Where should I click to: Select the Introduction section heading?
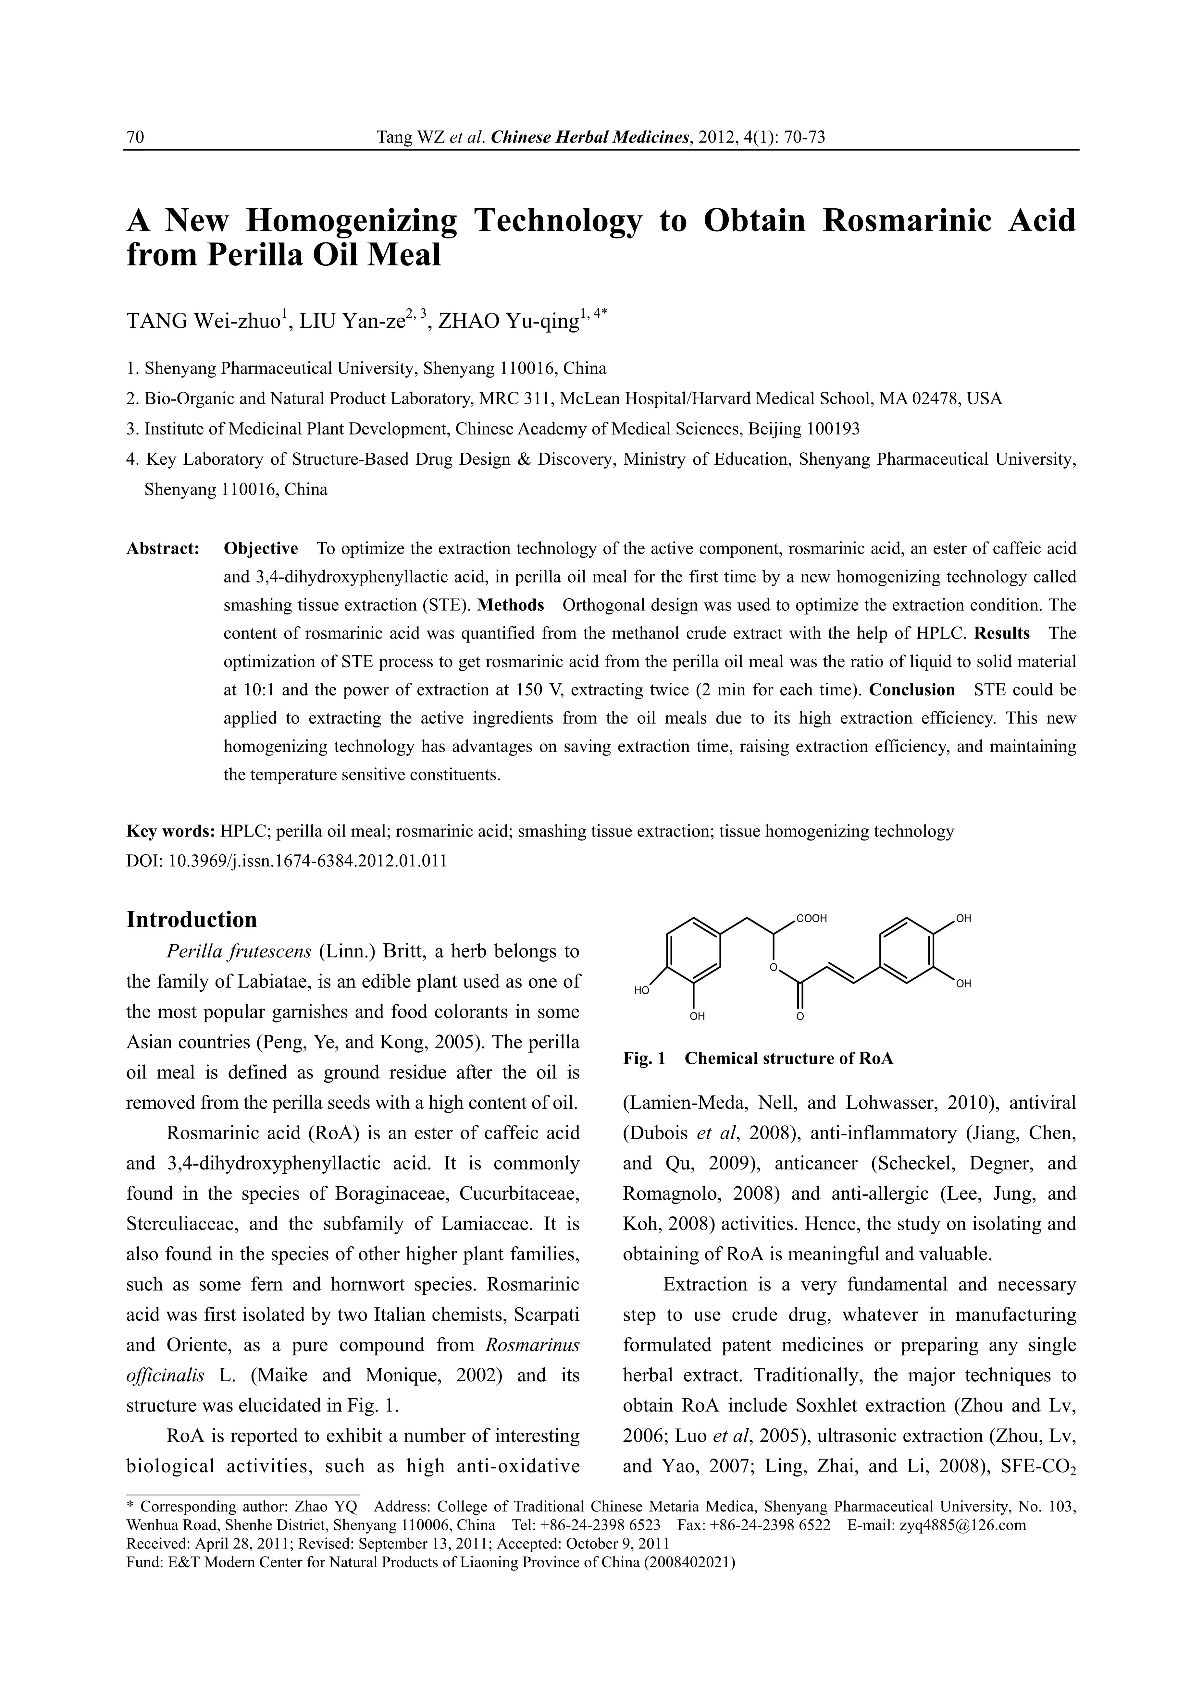pyautogui.click(x=192, y=920)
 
